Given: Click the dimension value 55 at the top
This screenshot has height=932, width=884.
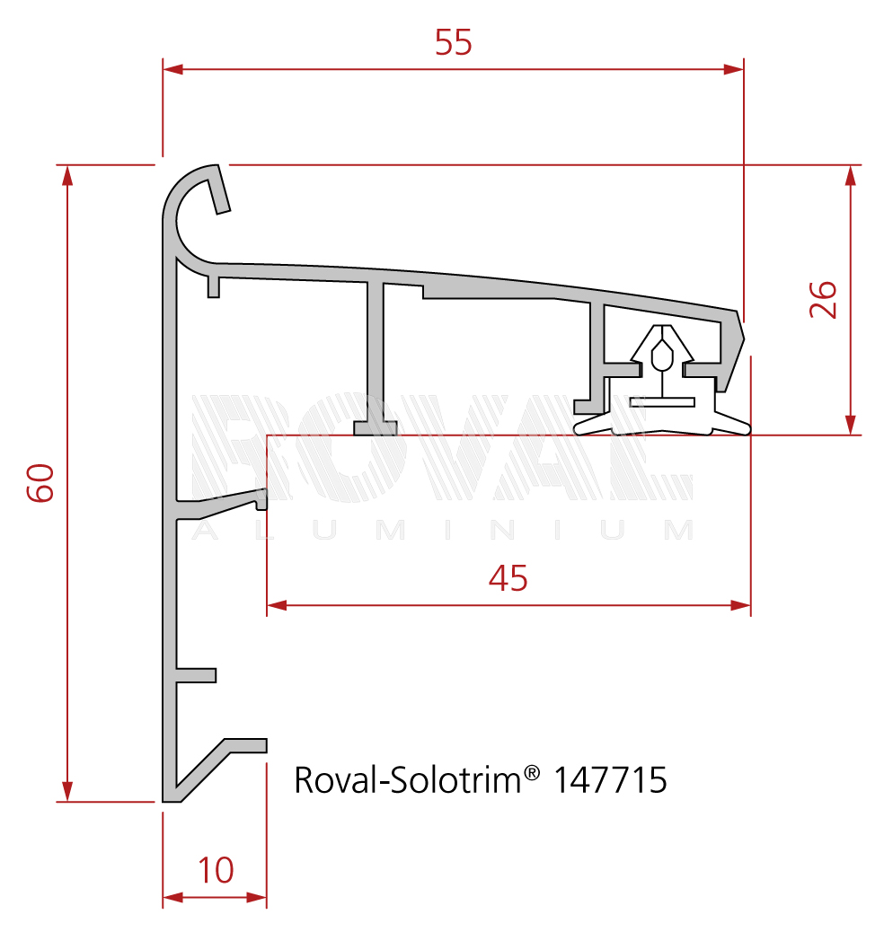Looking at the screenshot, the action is click(x=454, y=42).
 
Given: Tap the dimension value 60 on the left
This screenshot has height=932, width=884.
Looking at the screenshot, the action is click(x=40, y=483).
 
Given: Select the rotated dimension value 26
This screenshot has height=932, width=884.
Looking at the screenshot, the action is click(x=823, y=300).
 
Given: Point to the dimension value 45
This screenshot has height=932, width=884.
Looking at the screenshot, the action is click(x=508, y=577).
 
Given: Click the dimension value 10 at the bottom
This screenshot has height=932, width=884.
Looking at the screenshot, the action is click(x=216, y=870).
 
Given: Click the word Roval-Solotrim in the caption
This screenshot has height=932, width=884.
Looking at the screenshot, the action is click(x=408, y=780).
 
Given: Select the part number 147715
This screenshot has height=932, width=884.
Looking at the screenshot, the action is click(x=610, y=780).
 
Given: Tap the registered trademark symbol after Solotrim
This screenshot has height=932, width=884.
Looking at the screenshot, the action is click(x=532, y=773).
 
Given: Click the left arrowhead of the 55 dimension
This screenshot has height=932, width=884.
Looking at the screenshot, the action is click(x=172, y=69).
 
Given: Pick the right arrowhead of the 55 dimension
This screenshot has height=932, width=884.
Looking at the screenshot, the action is click(x=733, y=69).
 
